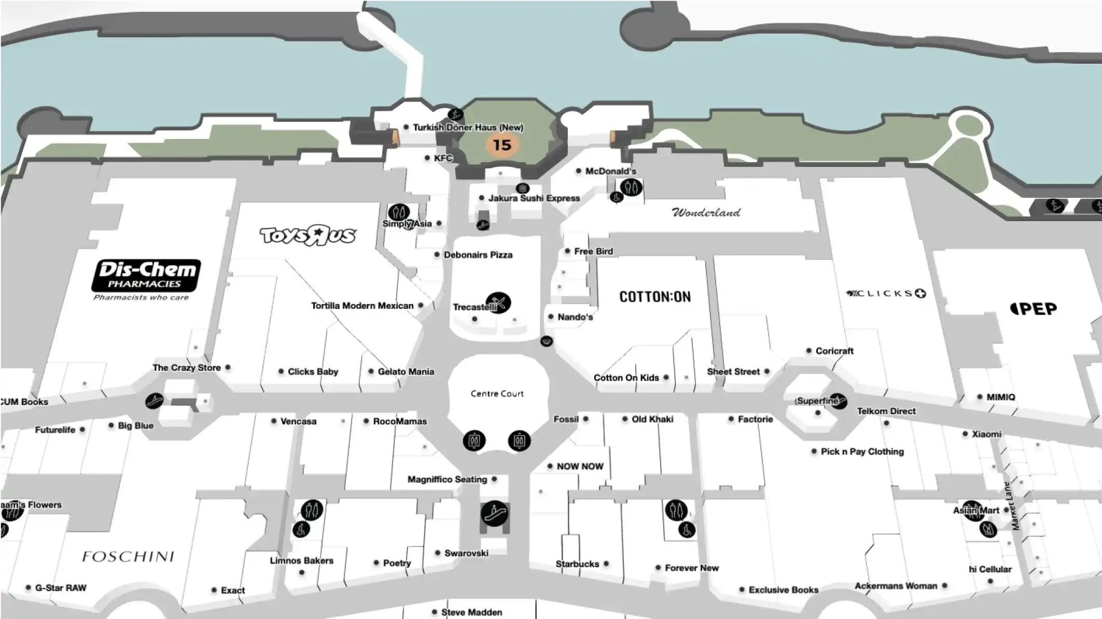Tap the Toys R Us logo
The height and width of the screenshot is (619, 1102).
pos(308,235)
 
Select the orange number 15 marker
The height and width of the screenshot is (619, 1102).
pos(501,145)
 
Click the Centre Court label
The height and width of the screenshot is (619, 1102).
pos(497,394)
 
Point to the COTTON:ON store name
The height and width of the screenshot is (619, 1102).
pos(654,297)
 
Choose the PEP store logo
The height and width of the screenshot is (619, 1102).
pos(1034,309)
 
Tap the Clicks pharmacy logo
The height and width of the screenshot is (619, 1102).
pos(886,294)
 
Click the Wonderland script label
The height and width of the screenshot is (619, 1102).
pos(706,212)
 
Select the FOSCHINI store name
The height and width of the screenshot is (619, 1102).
pos(128,557)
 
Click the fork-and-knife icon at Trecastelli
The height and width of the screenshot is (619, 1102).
pos(498,303)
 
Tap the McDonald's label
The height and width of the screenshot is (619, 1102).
pos(610,171)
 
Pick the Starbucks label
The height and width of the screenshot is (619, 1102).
pos(577,564)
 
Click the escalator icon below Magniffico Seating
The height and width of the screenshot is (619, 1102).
pos(494,514)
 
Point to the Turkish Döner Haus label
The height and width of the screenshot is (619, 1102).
pos(467,127)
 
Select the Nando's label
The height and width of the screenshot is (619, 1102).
pos(575,317)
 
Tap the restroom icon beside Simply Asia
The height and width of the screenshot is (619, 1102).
pos(398,212)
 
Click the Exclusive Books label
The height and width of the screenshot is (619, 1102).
pos(783,589)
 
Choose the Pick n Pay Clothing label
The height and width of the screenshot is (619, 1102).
pos(861,452)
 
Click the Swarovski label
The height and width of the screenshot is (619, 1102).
pos(466,553)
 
